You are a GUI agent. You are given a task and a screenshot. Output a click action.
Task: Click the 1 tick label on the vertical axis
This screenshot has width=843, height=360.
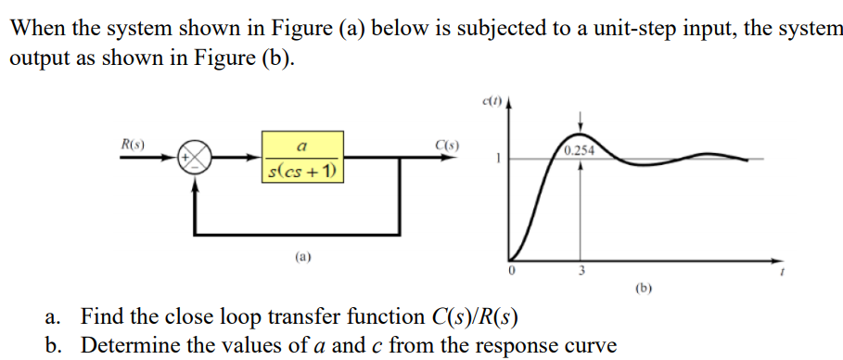(498, 159)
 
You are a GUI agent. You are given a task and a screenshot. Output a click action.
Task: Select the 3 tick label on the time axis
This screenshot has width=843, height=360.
(581, 271)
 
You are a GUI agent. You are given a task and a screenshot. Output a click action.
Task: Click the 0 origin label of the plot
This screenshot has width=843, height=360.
(509, 271)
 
